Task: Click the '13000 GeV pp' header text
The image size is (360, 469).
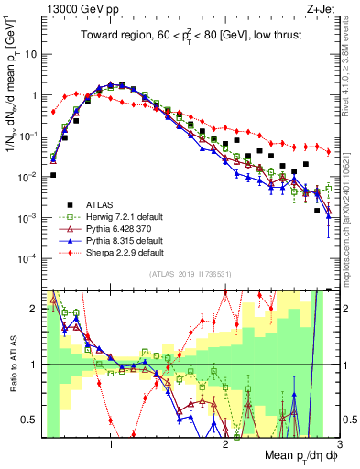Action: coord(72,9)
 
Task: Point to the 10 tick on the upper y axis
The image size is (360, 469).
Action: coord(31,54)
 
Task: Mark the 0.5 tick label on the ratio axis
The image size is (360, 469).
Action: coord(32,420)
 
